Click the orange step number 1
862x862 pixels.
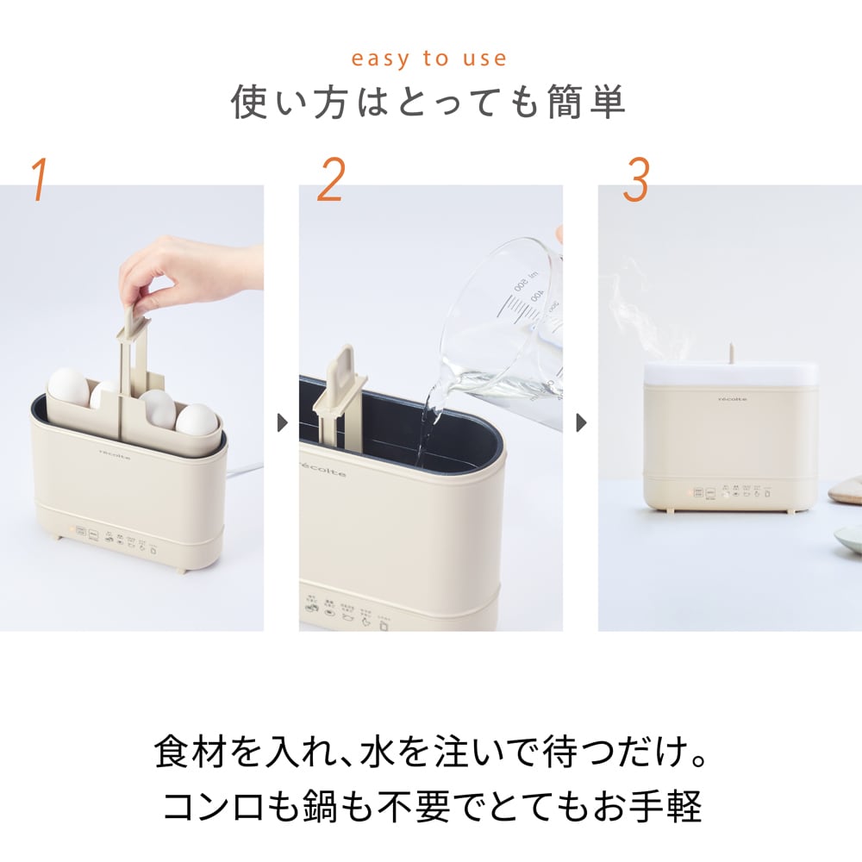tap(39, 179)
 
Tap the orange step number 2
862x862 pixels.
tap(330, 179)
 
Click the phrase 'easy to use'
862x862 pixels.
tap(428, 59)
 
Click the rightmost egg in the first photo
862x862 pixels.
tap(197, 420)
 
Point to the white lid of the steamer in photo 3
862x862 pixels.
tap(731, 372)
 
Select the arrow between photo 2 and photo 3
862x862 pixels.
tap(581, 423)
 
